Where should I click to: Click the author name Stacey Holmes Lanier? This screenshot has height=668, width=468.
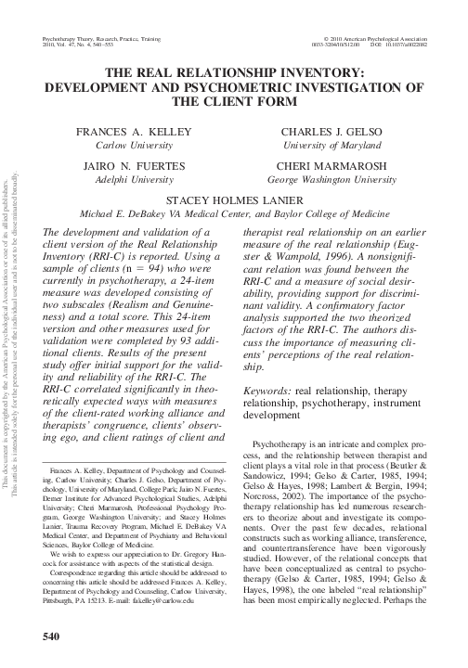234,199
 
